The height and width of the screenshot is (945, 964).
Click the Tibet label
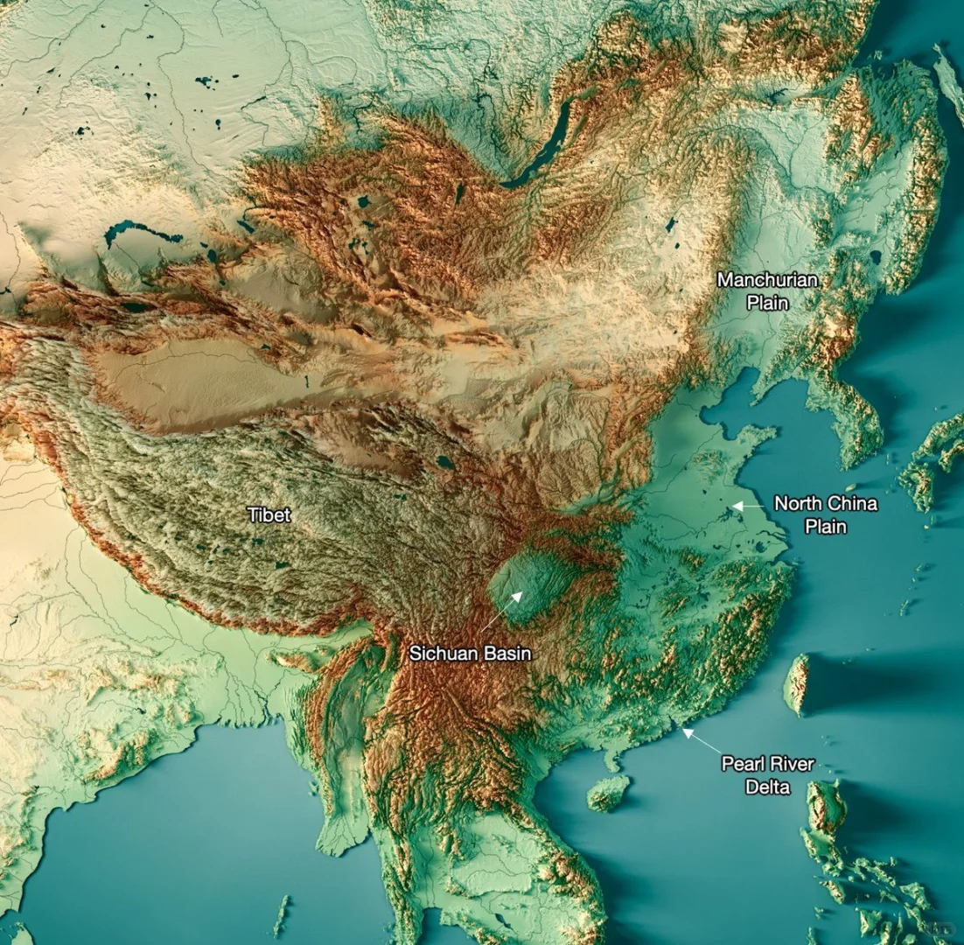[269, 514]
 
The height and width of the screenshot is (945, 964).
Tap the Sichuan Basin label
[471, 654]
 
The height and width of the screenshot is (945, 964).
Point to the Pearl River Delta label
[767, 775]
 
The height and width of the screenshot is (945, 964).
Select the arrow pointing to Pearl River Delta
[700, 740]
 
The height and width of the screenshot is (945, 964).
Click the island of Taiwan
[797, 683]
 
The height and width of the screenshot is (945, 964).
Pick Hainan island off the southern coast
[608, 793]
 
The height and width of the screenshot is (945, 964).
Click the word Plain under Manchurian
[767, 303]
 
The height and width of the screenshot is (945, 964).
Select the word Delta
[767, 787]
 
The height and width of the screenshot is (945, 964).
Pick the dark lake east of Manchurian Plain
[876, 257]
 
